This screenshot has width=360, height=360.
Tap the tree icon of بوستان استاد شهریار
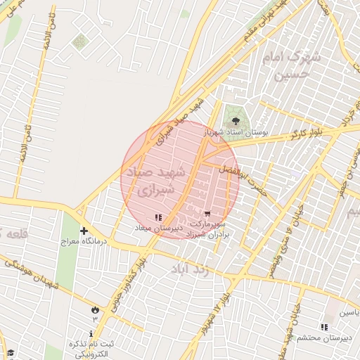click(236, 122)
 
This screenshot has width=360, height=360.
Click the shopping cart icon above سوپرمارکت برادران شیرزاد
click(207, 214)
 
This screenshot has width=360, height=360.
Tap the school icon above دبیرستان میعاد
click(158, 217)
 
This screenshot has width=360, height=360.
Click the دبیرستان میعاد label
click(160, 228)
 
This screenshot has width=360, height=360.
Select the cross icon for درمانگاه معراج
click(84, 231)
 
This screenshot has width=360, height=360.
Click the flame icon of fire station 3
click(95, 309)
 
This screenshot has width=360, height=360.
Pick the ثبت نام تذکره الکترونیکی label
click(92, 349)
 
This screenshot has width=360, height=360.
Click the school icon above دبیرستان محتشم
click(323, 327)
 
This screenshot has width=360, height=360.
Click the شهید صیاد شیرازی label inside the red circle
click(155, 181)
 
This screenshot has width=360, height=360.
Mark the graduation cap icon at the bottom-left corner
click(9, 354)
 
